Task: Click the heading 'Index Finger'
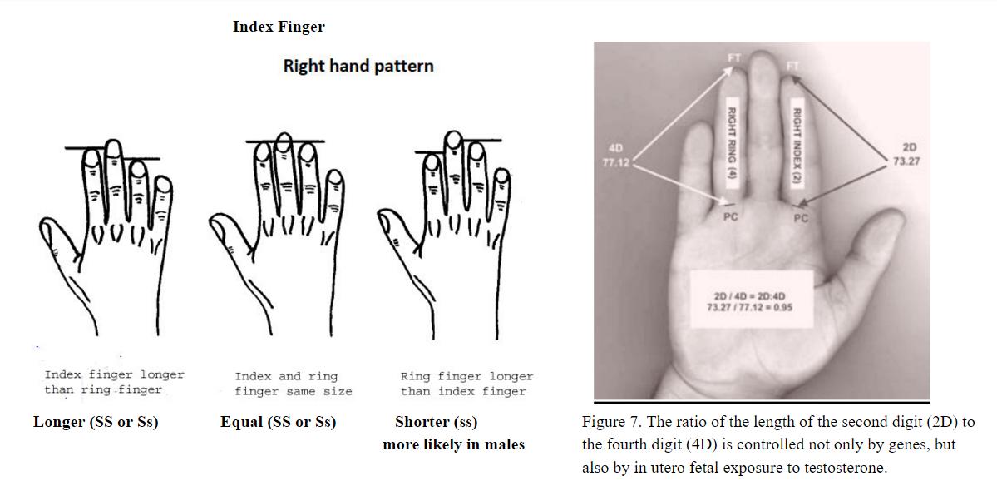pyautogui.click(x=279, y=27)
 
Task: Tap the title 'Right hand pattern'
pyautogui.click(x=358, y=66)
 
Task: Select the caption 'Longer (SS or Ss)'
pyautogui.click(x=96, y=422)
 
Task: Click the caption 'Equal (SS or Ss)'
pyautogui.click(x=278, y=422)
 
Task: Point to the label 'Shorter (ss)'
pyautogui.click(x=437, y=422)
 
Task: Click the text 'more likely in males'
pyautogui.click(x=453, y=444)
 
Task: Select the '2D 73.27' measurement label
pyautogui.click(x=906, y=155)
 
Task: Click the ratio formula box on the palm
pyautogui.click(x=752, y=300)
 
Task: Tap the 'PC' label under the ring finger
pyautogui.click(x=731, y=217)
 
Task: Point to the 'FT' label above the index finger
pyautogui.click(x=792, y=66)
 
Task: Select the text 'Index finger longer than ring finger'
pyautogui.click(x=114, y=382)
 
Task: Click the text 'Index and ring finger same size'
pyautogui.click(x=294, y=384)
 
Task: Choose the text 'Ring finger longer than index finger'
pyautogui.click(x=466, y=384)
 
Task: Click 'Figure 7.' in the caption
pyautogui.click(x=609, y=422)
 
